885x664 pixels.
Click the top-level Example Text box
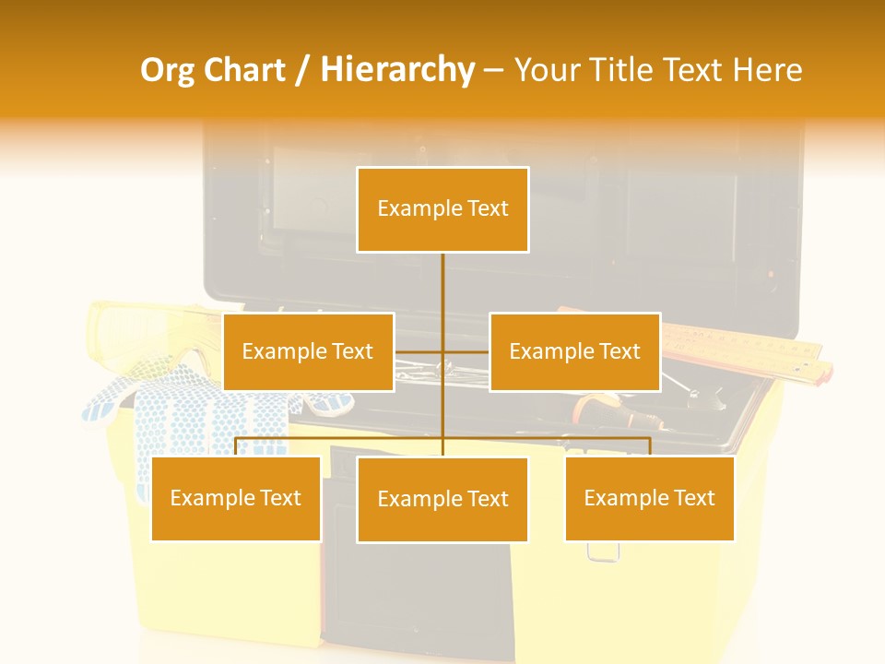[442, 209]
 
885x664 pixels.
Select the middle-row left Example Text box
[308, 351]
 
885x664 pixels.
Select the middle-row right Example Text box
[574, 351]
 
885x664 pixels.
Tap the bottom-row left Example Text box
[236, 498]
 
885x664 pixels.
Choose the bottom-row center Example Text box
[442, 499]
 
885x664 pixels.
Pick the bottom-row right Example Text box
[650, 498]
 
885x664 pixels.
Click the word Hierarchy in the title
[397, 70]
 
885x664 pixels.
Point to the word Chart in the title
[247, 70]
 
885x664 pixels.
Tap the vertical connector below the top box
[442, 286]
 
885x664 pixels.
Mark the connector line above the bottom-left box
[236, 446]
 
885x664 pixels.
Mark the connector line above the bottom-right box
[650, 446]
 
